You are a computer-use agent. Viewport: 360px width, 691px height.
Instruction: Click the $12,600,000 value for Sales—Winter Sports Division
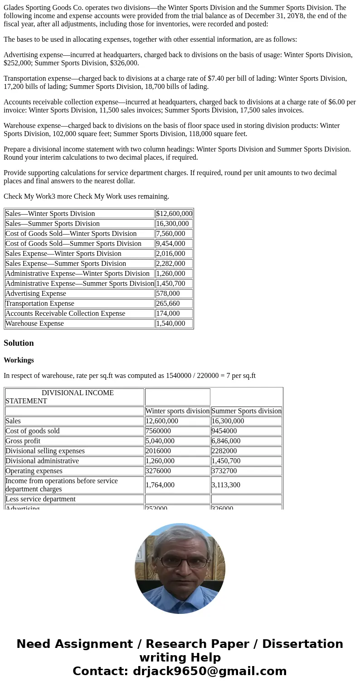pos(174,214)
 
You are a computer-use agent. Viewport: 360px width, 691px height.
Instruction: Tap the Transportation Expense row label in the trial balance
pos(40,304)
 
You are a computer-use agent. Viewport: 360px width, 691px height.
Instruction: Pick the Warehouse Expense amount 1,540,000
pos(170,323)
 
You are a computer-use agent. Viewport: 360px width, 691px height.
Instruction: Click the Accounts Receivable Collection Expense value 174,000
pos(168,314)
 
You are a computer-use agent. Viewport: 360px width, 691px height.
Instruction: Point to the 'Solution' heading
pos(19,343)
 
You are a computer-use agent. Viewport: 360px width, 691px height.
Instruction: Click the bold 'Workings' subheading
pos(19,360)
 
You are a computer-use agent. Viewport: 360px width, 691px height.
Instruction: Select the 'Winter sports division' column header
pos(177,411)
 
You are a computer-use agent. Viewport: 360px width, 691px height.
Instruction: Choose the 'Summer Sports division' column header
pos(246,411)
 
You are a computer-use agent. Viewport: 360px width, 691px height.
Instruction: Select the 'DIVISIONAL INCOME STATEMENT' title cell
pos(74,397)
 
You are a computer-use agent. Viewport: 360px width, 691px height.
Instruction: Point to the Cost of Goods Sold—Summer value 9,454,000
pos(170,244)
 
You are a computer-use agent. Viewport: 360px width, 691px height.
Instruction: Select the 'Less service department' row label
pos(40,499)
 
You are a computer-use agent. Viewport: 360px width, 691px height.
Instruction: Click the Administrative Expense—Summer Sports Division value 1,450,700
pos(170,284)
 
